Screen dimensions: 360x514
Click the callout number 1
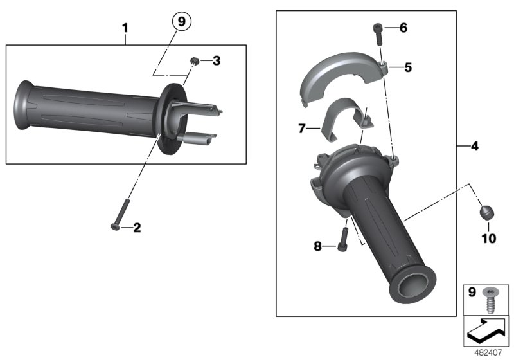click(125, 28)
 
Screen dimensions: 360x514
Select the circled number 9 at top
click(181, 22)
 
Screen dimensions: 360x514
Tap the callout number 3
click(216, 61)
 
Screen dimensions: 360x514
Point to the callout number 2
click(136, 227)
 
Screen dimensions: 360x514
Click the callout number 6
click(403, 28)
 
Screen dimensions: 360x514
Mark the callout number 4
click(475, 147)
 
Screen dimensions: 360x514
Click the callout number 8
click(317, 245)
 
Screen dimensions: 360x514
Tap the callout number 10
click(488, 239)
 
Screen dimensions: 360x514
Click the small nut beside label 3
click(193, 61)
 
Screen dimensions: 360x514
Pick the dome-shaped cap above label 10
click(487, 212)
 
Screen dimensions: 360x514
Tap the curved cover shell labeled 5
click(339, 76)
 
